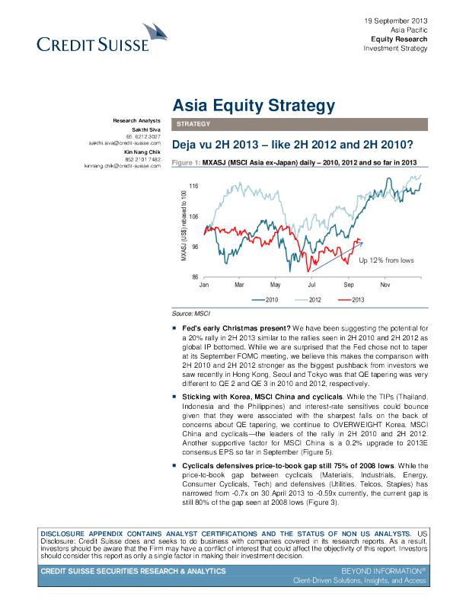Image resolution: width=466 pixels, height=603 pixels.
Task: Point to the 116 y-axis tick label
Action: (x=193, y=186)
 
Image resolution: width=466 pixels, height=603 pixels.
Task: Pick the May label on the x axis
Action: (x=276, y=285)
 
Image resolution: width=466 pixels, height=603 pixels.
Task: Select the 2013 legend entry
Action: (x=352, y=301)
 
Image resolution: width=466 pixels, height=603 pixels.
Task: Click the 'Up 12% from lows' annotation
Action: (x=386, y=260)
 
